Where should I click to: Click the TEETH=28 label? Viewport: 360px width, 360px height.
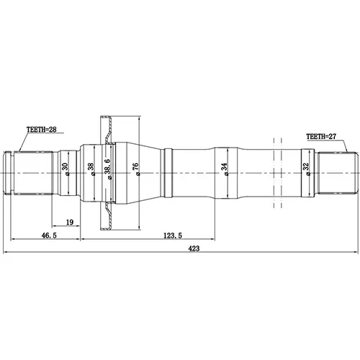point(42,130)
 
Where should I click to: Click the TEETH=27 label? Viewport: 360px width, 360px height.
point(321,137)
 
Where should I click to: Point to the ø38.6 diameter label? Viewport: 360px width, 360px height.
point(107,169)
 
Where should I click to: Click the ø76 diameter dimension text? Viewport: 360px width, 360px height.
point(135,169)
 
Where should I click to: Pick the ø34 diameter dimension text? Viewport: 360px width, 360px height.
point(224,169)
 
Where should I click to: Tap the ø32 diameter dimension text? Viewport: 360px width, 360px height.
point(305,169)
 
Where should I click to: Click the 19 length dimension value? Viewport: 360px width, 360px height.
point(70,222)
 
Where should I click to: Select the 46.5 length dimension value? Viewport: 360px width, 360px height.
point(49,235)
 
